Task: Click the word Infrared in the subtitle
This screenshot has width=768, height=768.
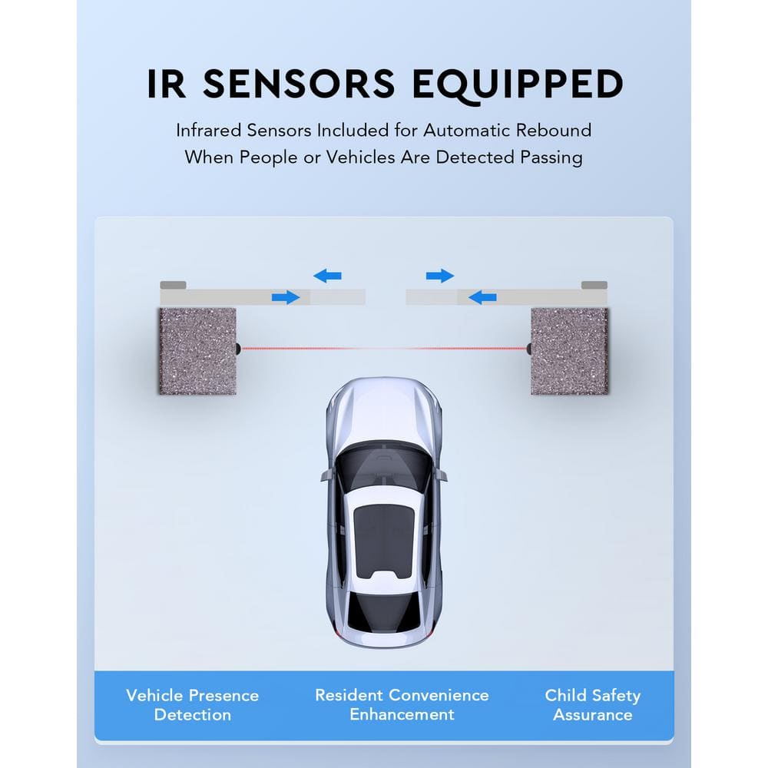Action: pos(207,130)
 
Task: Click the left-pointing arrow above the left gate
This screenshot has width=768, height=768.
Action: pos(328,275)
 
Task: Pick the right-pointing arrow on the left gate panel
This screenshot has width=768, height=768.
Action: pos(286,296)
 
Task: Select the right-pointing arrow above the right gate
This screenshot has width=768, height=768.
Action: pos(440,275)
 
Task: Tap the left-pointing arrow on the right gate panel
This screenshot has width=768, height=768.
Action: pos(482,296)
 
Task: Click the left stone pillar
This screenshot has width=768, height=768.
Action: pos(197,351)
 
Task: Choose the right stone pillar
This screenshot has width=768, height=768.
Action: pos(570,351)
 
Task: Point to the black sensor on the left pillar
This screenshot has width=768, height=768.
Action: pos(239,349)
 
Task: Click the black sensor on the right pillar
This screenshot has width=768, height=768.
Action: pos(528,349)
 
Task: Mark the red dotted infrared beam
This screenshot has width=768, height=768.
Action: pos(384,349)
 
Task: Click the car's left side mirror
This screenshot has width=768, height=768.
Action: pos(327,476)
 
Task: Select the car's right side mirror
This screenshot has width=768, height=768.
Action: pos(441,476)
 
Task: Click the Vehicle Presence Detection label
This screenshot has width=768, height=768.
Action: pos(192,704)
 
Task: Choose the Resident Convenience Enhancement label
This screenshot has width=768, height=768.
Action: pos(402,704)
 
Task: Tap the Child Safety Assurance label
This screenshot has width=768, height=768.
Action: pos(592,704)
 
